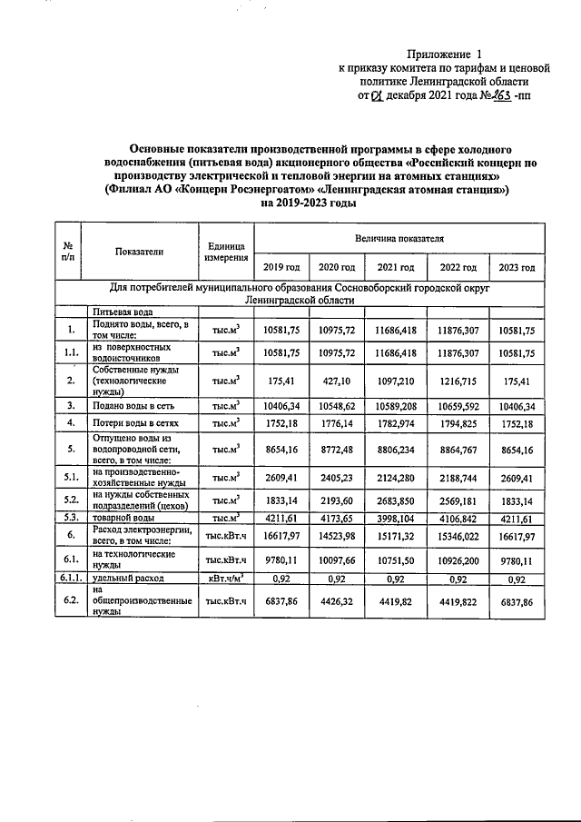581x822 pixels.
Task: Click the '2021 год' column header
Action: pyautogui.click(x=395, y=267)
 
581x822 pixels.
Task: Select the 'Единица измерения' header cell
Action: pyautogui.click(x=226, y=252)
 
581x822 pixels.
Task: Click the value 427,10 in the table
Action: pyautogui.click(x=338, y=377)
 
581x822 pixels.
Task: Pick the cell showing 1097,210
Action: pyautogui.click(x=395, y=377)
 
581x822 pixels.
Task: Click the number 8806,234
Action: pyautogui.click(x=395, y=449)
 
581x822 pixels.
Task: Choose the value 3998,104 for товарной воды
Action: pyautogui.click(x=395, y=518)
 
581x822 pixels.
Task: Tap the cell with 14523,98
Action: pyautogui.click(x=338, y=538)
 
